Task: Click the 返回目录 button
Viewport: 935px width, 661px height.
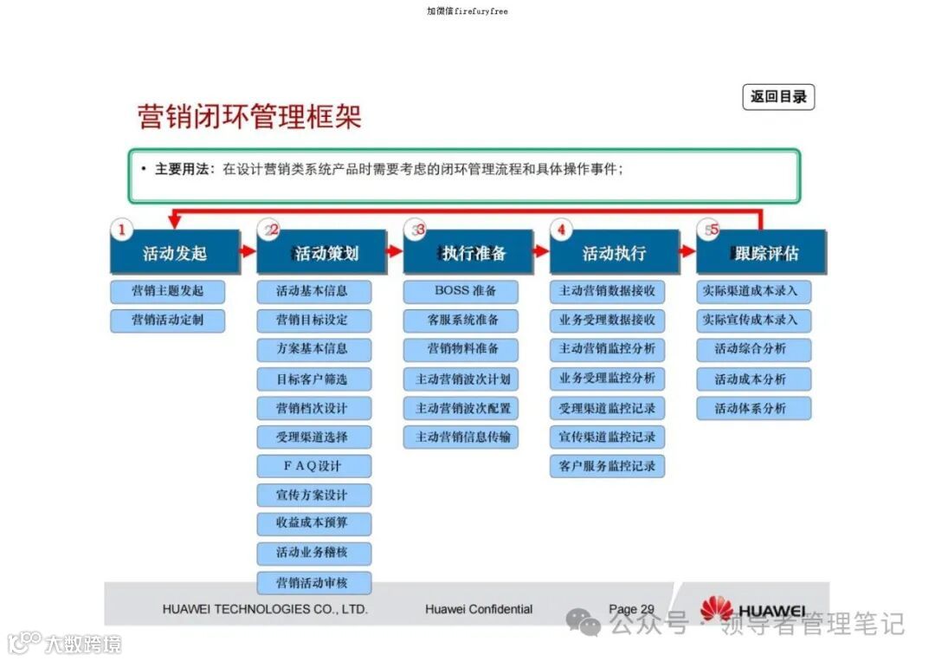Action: pos(778,97)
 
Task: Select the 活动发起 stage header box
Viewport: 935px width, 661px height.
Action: pos(175,253)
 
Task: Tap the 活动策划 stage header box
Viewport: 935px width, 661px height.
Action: pos(322,253)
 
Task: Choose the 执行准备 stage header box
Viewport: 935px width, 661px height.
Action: pos(468,253)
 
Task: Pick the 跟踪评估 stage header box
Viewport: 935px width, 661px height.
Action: pos(762,253)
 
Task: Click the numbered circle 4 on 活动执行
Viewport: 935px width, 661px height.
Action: pos(562,230)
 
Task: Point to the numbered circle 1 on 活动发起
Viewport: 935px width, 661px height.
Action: pos(122,230)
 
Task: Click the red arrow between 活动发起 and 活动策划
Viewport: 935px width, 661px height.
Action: pos(248,251)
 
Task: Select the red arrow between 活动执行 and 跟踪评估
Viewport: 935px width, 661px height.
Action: pos(687,251)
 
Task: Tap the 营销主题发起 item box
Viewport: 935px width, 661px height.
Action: pos(167,291)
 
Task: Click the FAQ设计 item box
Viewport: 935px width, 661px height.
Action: pos(313,466)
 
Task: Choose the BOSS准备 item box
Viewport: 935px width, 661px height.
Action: pos(461,291)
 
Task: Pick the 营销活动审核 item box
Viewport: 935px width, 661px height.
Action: pos(313,582)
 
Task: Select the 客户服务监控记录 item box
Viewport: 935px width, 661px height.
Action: pos(607,466)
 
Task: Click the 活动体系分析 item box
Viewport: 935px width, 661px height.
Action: pos(753,408)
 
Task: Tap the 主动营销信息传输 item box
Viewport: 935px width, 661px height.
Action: pos(461,437)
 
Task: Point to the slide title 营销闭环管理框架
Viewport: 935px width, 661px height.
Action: pos(249,117)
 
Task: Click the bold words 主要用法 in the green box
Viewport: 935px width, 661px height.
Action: pos(183,170)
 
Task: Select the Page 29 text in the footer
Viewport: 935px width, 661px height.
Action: pos(631,609)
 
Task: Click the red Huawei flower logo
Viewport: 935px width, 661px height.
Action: pos(716,608)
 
